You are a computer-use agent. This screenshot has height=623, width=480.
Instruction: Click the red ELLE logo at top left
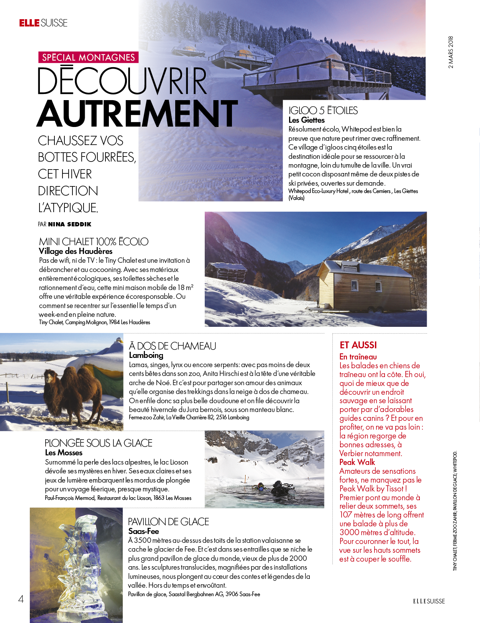[30, 23]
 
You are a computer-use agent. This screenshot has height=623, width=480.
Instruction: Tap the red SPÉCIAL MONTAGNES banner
[88, 58]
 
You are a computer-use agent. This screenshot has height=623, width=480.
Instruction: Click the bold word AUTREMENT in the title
[137, 114]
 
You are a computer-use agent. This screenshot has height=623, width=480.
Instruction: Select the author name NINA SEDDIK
[70, 224]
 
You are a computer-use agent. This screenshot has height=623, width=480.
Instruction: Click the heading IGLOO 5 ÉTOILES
[323, 110]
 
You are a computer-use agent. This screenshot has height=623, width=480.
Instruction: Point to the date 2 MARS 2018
[451, 53]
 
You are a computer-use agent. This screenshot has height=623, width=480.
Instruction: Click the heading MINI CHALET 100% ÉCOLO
[94, 242]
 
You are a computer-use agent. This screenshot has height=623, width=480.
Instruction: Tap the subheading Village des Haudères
[76, 251]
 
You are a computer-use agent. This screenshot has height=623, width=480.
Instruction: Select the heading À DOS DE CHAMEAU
[173, 346]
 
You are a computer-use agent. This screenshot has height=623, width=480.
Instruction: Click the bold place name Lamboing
[146, 355]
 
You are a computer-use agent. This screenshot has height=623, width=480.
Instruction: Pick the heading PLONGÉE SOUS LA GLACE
[99, 443]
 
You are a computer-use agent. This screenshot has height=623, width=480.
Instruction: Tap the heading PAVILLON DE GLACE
[168, 522]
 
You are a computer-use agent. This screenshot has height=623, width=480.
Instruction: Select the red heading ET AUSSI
[358, 345]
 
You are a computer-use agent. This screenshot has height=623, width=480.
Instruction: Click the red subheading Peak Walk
[357, 462]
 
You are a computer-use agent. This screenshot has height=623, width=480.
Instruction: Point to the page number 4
[21, 599]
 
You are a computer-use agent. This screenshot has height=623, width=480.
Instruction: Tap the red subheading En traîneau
[358, 357]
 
